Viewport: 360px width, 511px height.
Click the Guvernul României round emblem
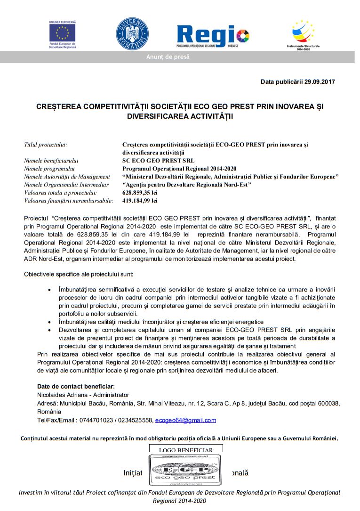[x=132, y=34]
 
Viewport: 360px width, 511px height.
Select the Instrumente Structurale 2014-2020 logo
[x=304, y=33]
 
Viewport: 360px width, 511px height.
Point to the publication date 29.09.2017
[x=318, y=82]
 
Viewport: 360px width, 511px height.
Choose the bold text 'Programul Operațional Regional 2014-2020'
[x=179, y=169]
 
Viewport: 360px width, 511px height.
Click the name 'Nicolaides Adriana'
[x=62, y=395]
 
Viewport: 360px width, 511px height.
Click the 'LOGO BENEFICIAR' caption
[x=186, y=450]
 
